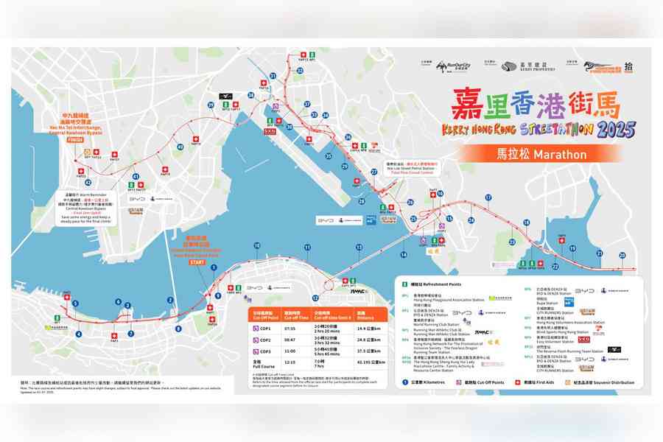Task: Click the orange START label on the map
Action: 197,262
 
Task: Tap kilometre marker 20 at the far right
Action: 622,255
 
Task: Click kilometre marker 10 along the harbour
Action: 256,246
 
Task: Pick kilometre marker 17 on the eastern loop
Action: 488,197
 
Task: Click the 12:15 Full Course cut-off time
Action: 290,362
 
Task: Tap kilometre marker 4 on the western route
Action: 78,334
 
